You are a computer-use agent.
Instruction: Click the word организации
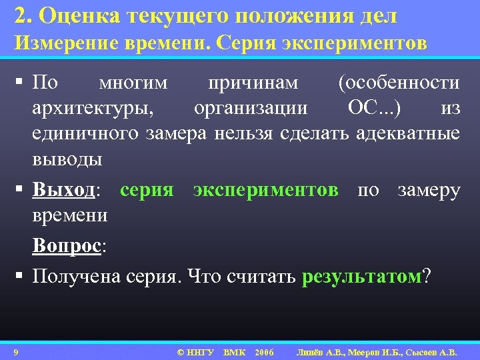(x=251, y=108)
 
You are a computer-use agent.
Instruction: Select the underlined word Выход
(x=65, y=191)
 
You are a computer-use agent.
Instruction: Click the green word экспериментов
(x=265, y=191)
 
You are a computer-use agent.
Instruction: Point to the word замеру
(x=429, y=191)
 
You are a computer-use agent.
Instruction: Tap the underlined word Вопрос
(x=67, y=246)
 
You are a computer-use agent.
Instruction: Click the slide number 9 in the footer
(x=15, y=351)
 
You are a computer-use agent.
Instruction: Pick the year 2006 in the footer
(x=264, y=351)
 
